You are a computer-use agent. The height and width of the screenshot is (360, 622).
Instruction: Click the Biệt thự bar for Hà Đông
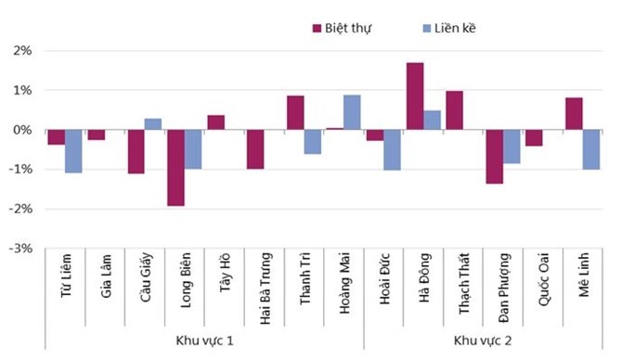[415, 96]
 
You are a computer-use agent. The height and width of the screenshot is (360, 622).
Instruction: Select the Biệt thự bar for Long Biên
[175, 167]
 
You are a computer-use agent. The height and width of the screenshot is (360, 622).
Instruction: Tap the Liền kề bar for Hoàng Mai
[352, 112]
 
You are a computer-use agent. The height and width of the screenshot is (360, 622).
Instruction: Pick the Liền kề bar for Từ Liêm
[73, 150]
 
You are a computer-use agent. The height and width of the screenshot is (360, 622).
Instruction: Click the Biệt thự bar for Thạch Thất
[454, 110]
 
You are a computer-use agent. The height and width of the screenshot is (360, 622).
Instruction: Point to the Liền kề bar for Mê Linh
[590, 149]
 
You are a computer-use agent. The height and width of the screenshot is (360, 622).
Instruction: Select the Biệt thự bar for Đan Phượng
[494, 156]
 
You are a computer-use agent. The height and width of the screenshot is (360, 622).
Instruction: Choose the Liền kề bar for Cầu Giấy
[153, 124]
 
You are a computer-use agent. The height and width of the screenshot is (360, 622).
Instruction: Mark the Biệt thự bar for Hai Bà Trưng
[255, 148]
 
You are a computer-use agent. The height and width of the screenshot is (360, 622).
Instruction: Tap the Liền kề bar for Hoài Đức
[392, 149]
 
